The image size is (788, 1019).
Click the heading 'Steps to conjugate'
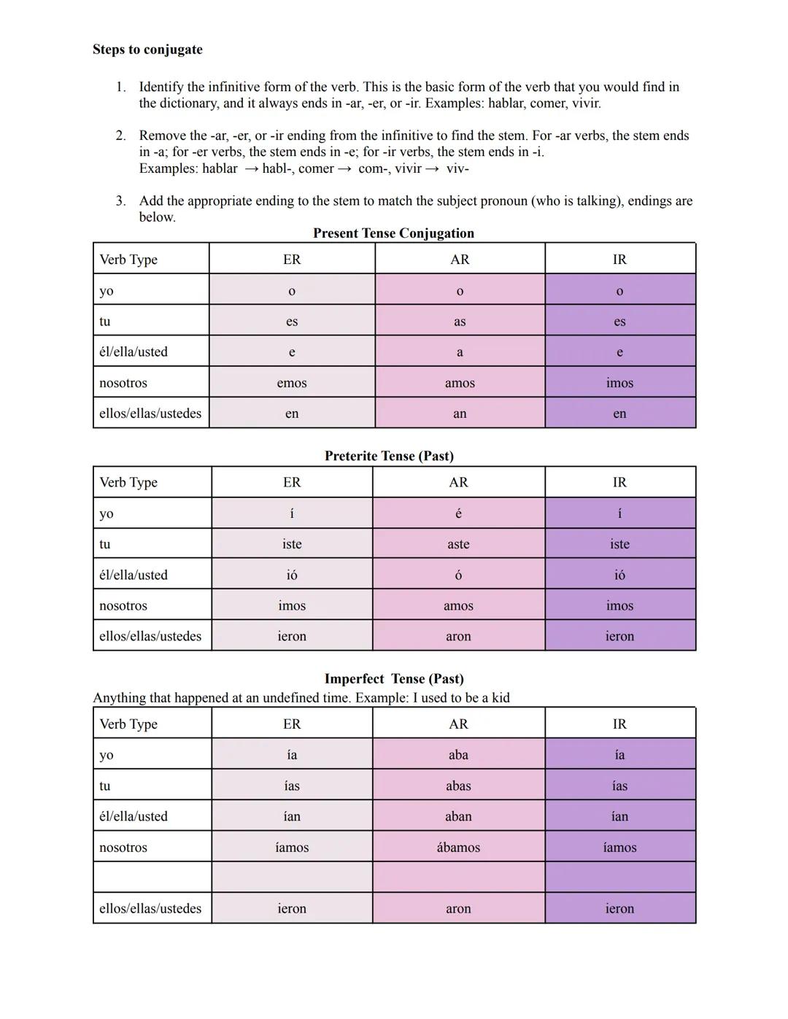(x=147, y=50)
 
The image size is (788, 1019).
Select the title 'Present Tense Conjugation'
(x=393, y=233)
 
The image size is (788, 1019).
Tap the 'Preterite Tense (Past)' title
(x=389, y=456)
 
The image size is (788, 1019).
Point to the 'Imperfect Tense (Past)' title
(x=394, y=679)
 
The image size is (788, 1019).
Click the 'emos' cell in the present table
(x=292, y=383)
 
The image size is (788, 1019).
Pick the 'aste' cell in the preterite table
(x=458, y=544)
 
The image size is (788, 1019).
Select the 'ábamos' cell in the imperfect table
(x=458, y=848)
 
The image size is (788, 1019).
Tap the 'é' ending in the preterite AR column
(x=458, y=514)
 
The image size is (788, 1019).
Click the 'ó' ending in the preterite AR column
(x=458, y=575)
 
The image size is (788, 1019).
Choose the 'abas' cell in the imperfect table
(x=458, y=786)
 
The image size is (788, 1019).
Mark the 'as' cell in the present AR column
(x=460, y=322)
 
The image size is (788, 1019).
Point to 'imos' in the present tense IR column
(x=619, y=383)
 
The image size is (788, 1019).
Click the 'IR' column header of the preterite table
(x=619, y=482)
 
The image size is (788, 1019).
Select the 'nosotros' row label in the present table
(x=123, y=383)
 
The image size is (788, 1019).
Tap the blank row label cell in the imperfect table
(x=152, y=877)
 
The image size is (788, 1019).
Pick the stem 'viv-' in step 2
(x=457, y=168)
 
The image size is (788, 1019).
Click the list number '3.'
(x=120, y=201)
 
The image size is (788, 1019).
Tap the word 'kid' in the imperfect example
(x=501, y=698)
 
